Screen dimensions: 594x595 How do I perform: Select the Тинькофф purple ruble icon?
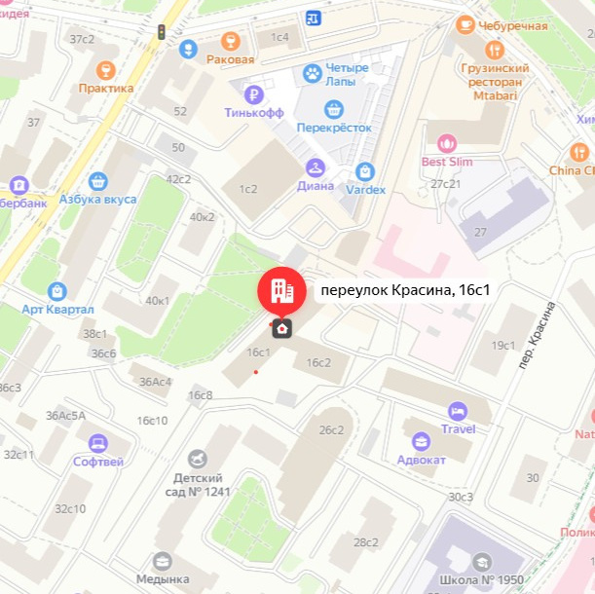254,94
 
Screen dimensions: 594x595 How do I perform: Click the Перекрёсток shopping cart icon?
335,109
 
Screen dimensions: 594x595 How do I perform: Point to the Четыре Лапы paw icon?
313,73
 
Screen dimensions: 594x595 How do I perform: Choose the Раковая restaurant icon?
231,41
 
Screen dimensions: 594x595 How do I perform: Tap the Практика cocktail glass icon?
106,70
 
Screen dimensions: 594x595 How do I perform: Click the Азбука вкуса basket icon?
96,181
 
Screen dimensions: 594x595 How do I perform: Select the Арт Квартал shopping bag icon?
57,291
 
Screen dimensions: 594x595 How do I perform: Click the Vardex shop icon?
365,171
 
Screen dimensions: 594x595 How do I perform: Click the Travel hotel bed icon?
458,411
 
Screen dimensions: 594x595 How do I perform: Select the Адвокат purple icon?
421,441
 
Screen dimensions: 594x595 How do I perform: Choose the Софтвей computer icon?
97,444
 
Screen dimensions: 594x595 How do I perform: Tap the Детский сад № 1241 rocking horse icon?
199,458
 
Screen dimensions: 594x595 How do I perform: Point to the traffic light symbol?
162,33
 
